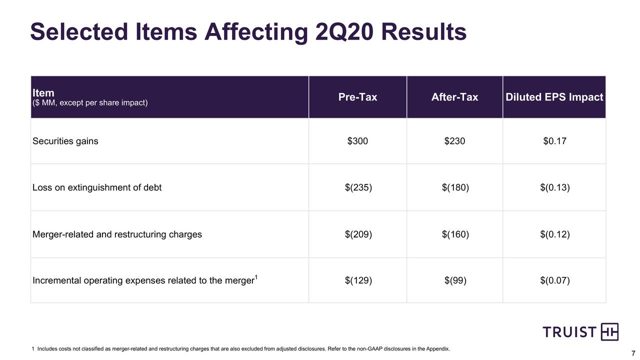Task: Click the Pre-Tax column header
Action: click(357, 97)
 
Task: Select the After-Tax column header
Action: click(454, 97)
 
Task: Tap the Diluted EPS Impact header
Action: click(554, 97)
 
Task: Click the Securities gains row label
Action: click(65, 141)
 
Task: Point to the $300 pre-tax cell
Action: click(357, 141)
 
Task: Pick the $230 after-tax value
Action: click(454, 141)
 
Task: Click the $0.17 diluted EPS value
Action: click(554, 141)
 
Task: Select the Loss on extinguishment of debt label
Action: click(97, 188)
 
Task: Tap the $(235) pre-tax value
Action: click(358, 188)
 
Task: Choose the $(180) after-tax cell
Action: click(455, 188)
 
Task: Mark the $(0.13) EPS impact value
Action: click(555, 188)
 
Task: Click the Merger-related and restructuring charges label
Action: click(117, 234)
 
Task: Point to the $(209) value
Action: click(358, 234)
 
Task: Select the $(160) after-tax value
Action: click(455, 234)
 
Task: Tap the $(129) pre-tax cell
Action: click(358, 280)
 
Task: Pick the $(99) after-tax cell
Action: click(455, 280)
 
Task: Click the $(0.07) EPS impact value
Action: click(555, 280)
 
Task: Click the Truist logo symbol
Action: click(609, 332)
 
